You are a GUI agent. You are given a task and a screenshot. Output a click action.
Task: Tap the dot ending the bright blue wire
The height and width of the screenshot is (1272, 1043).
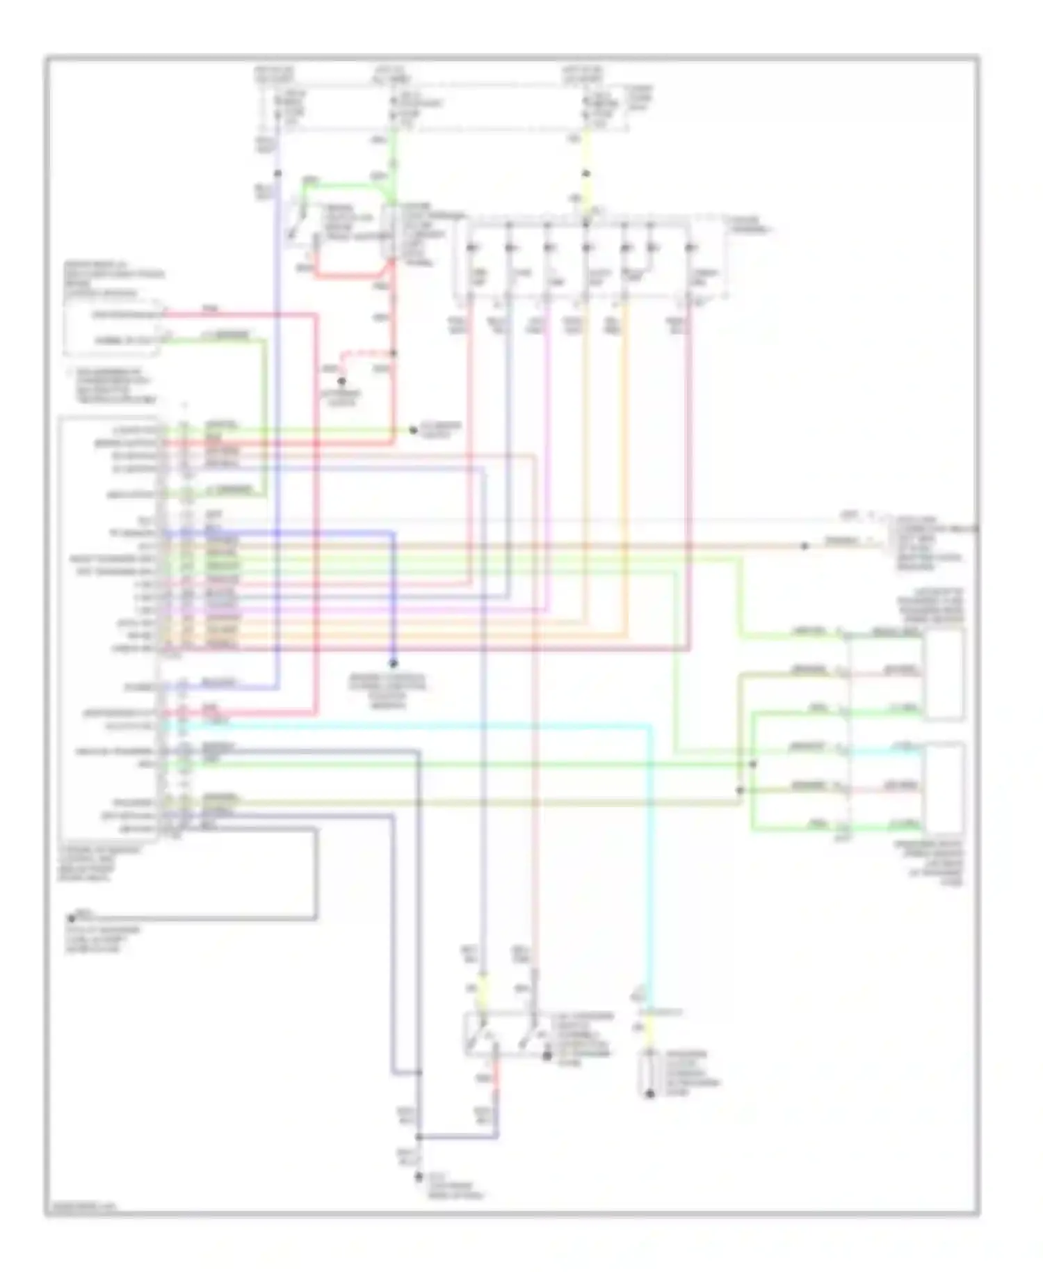(393, 663)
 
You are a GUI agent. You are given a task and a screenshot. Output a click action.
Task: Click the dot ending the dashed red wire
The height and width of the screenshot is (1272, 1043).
(341, 381)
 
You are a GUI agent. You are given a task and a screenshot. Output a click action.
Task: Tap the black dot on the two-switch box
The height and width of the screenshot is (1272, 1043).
(547, 1056)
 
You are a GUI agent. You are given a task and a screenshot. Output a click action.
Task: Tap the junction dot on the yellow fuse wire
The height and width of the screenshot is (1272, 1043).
(586, 173)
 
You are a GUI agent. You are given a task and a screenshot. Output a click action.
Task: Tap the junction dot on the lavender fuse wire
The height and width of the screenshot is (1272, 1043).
(277, 173)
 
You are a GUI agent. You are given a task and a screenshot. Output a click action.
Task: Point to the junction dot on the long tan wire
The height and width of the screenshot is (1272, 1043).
(805, 546)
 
